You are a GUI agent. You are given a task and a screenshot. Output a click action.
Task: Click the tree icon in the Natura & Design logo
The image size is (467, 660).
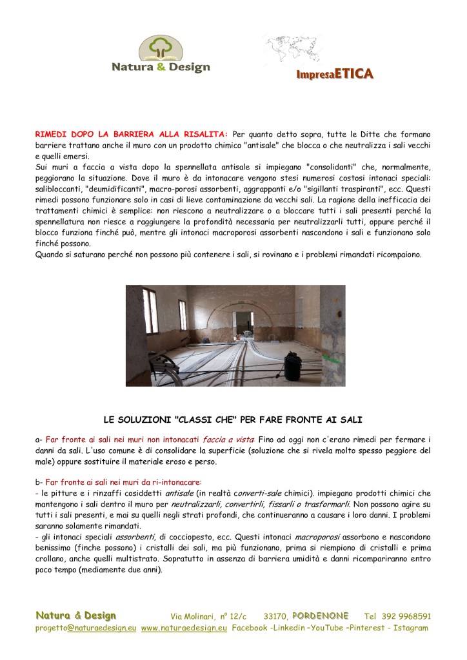(160, 47)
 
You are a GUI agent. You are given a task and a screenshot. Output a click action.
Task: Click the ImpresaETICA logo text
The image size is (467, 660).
(335, 74)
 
